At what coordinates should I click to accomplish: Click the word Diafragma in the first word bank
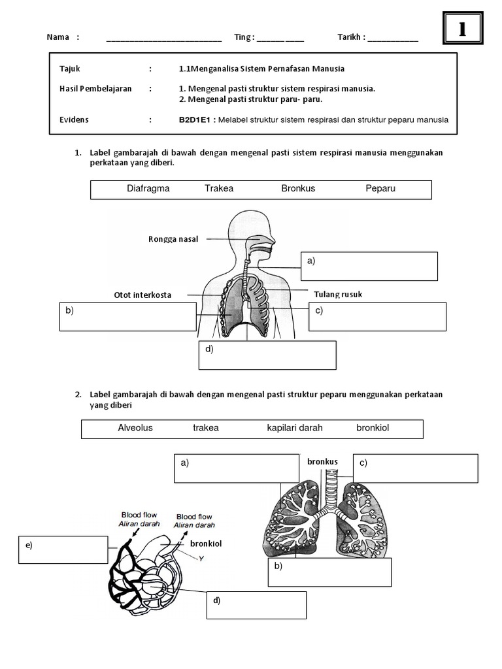[148, 189]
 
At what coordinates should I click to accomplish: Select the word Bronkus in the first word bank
[298, 189]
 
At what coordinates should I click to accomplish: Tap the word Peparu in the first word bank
[380, 189]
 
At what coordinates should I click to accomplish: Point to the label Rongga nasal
[173, 239]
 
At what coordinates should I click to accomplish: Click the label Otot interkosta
[142, 295]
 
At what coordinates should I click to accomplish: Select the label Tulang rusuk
[338, 295]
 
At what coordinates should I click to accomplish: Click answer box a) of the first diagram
[369, 265]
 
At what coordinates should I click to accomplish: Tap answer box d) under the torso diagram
[267, 355]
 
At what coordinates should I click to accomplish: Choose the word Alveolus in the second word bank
[135, 428]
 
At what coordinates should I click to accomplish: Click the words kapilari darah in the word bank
[295, 428]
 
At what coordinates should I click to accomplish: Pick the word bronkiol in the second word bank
[373, 428]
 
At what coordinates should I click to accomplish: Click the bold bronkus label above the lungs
[322, 462]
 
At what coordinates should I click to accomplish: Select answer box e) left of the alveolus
[63, 549]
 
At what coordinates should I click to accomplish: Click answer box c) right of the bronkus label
[416, 468]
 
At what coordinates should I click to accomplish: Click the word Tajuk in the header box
[70, 69]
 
